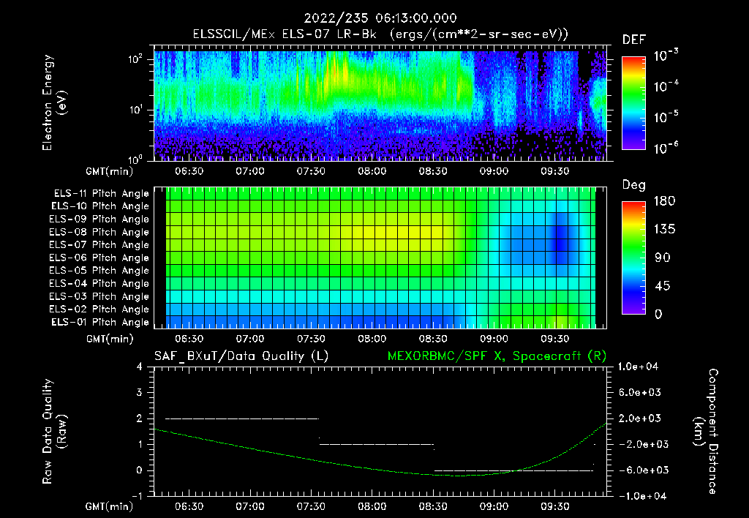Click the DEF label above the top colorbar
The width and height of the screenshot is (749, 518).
pos(633,40)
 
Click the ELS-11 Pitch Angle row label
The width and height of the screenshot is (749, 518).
pos(101,194)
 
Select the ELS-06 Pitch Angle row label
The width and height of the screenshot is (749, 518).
pos(101,258)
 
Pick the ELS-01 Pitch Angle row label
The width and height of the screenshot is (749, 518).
pos(101,322)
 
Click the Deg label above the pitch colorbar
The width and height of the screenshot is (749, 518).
pos(633,185)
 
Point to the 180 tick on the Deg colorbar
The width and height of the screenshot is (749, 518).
pos(633,201)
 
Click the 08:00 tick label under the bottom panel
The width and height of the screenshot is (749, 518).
pos(372,506)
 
